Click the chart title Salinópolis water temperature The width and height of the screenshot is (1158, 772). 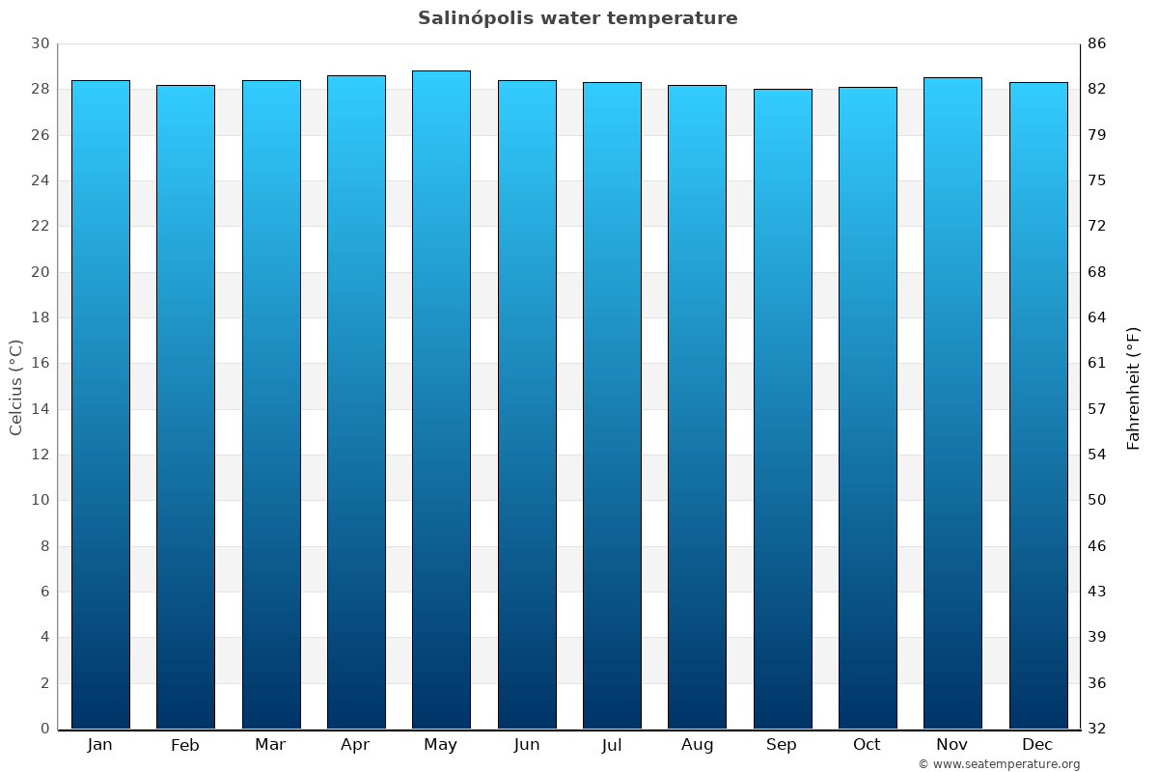coord(577,18)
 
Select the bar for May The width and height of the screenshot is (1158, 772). coord(441,400)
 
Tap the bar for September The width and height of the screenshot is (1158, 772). coord(783,409)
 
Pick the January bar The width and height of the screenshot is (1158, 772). coord(100,404)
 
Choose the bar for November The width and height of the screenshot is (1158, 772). coord(952,403)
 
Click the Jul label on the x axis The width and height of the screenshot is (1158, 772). coord(612,745)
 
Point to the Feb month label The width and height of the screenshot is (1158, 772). coord(184,745)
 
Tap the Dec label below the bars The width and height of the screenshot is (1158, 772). coord(1037,745)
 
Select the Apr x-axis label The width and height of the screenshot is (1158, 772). coord(355,745)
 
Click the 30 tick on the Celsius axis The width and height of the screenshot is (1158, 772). coord(40,43)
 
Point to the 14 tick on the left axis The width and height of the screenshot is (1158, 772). coord(40,409)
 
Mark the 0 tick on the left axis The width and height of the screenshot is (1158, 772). coord(44,729)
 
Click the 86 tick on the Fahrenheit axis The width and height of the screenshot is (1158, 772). coord(1097,43)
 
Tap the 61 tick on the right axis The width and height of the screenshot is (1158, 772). coord(1097,363)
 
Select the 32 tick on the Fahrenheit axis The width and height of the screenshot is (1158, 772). coord(1097,729)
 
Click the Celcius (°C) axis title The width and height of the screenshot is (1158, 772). coord(15,387)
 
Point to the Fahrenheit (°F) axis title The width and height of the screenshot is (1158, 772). coord(1134,387)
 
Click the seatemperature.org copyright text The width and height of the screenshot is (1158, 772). coord(999,764)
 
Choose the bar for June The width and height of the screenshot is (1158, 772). coord(527,404)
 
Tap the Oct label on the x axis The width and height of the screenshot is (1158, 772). coord(867,745)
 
